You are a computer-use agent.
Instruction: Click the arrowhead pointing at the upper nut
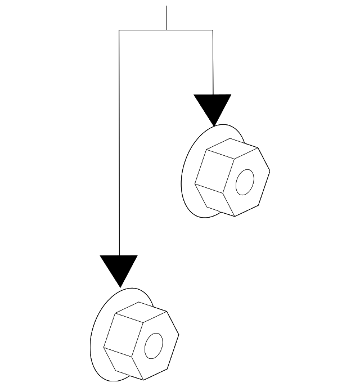coord(213,107)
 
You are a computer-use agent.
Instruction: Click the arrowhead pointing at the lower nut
coord(119,268)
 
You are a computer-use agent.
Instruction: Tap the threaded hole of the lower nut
coord(153,345)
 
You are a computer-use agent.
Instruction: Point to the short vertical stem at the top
coord(166,17)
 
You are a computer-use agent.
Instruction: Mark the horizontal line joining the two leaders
coord(166,30)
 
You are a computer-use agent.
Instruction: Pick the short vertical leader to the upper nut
coord(213,62)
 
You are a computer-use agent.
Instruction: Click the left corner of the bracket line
coord(119,30)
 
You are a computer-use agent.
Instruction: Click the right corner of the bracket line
coord(213,30)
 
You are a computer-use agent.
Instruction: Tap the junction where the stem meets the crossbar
coord(166,30)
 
